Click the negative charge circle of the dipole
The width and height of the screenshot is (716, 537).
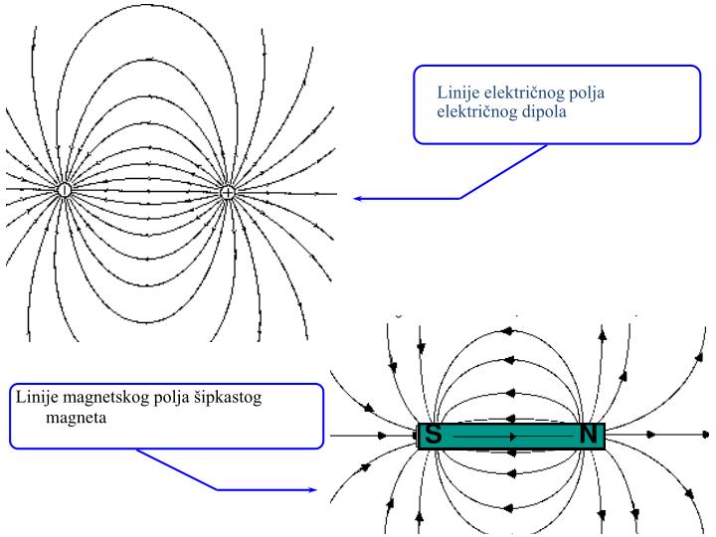(x=65, y=190)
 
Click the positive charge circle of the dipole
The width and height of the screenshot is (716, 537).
(x=228, y=193)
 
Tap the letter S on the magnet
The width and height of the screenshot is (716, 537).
(x=433, y=435)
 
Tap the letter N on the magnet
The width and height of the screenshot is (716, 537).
(x=589, y=435)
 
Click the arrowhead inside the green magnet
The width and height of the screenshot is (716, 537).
(x=513, y=437)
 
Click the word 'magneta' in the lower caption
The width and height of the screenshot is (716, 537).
(x=77, y=418)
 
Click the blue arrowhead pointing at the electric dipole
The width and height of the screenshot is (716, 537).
(x=358, y=199)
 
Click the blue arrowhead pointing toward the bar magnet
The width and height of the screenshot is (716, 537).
(x=312, y=490)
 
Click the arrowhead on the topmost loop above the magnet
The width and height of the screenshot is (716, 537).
(x=508, y=331)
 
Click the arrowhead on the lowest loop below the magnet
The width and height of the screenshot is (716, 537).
(x=508, y=508)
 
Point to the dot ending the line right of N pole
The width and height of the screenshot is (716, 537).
(x=705, y=435)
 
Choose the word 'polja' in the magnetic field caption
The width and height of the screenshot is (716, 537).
(x=172, y=397)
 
